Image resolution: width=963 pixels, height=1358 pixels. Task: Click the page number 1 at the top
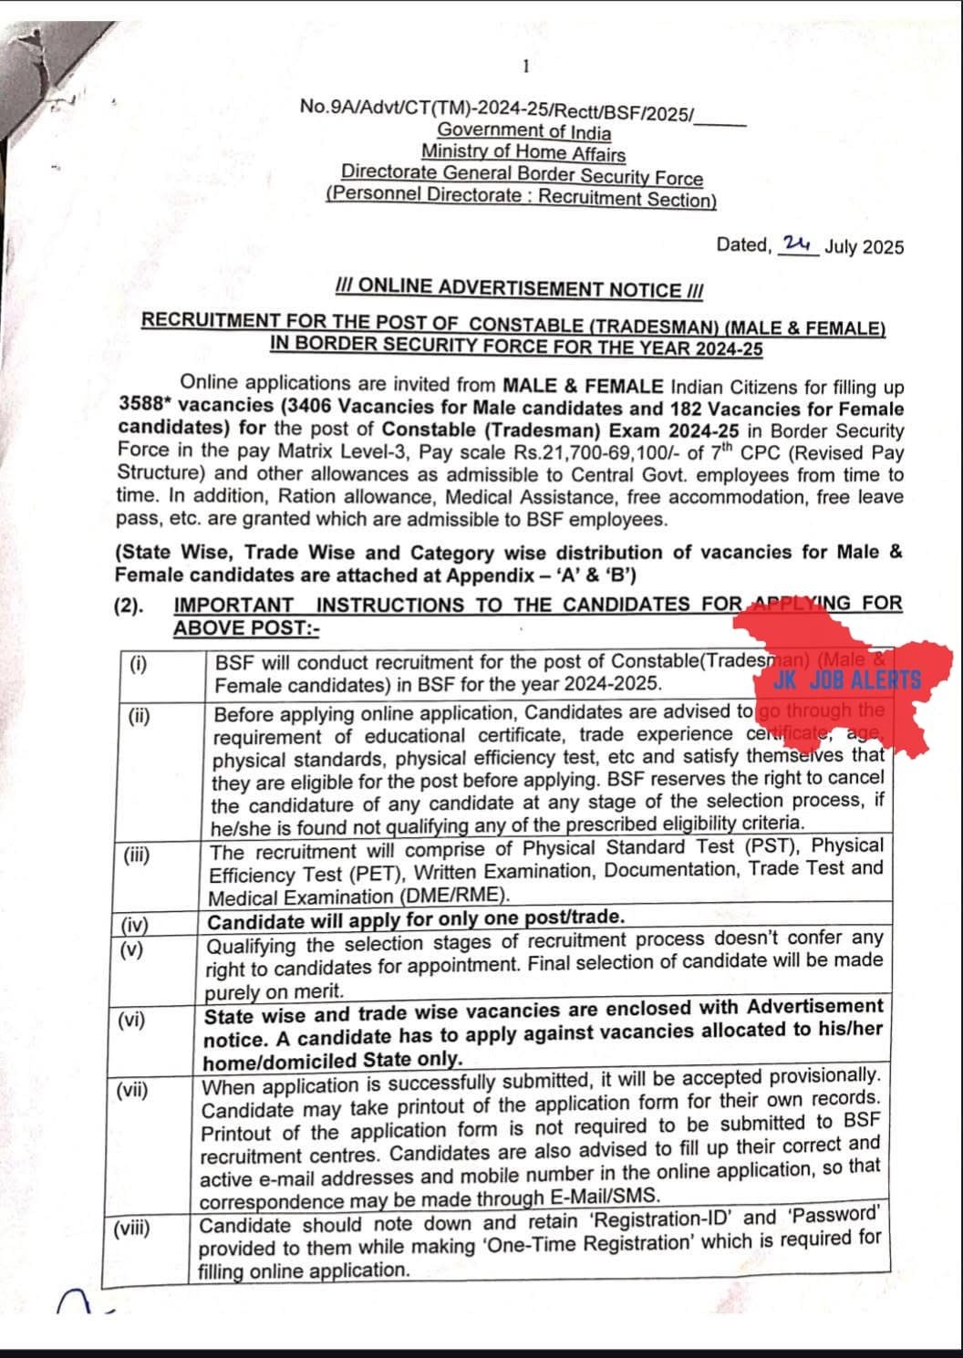(x=525, y=66)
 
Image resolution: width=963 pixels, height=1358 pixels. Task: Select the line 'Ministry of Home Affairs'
(x=523, y=152)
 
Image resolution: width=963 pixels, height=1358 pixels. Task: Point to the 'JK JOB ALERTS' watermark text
(x=846, y=680)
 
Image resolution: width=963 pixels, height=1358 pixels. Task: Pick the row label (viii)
(x=131, y=1228)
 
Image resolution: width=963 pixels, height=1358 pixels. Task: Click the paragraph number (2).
(x=129, y=606)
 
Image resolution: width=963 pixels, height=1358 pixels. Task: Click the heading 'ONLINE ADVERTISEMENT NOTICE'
(x=520, y=289)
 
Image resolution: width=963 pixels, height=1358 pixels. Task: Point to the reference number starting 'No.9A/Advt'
(x=497, y=108)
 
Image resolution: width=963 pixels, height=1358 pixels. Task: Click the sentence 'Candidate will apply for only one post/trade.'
(x=416, y=918)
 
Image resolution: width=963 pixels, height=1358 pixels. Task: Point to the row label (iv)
(x=135, y=927)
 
